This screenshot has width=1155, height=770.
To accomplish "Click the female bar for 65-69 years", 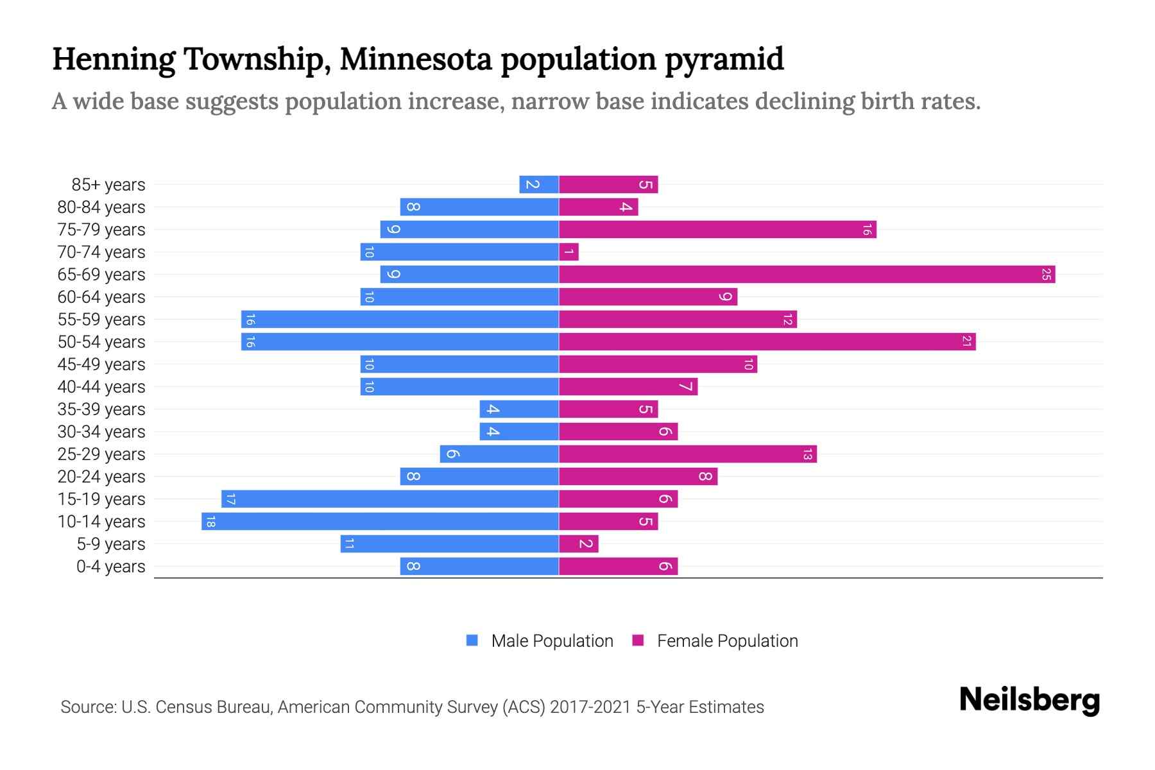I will pyautogui.click(x=807, y=275).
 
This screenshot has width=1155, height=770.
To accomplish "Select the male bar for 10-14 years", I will pyautogui.click(x=380, y=522).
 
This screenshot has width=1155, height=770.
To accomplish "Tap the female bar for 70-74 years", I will pyautogui.click(x=569, y=252).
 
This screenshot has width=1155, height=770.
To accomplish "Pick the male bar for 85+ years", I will pyautogui.click(x=539, y=185).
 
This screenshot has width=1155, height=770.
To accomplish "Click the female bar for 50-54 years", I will pyautogui.click(x=767, y=342).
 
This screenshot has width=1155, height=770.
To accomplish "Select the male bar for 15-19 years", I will pyautogui.click(x=389, y=499).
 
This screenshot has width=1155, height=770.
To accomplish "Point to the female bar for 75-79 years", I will pyautogui.click(x=717, y=230).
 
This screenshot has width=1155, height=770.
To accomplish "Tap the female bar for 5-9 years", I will pyautogui.click(x=578, y=544).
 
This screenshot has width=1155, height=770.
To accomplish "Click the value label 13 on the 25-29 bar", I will pyautogui.click(x=807, y=454).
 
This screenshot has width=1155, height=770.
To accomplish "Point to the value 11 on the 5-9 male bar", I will pyautogui.click(x=349, y=544).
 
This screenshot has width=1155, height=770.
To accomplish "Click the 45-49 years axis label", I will pyautogui.click(x=101, y=364).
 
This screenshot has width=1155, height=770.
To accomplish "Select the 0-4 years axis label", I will pyautogui.click(x=110, y=567).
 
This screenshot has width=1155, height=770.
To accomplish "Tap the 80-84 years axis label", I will pyautogui.click(x=101, y=207).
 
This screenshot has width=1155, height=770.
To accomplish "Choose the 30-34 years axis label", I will pyautogui.click(x=101, y=432).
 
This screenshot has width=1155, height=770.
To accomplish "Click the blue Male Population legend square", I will pyautogui.click(x=472, y=640).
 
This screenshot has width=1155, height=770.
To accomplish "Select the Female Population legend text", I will pyautogui.click(x=727, y=640).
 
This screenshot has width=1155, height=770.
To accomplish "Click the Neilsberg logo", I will pyautogui.click(x=1029, y=700).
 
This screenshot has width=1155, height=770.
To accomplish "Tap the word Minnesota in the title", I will pyautogui.click(x=415, y=59).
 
